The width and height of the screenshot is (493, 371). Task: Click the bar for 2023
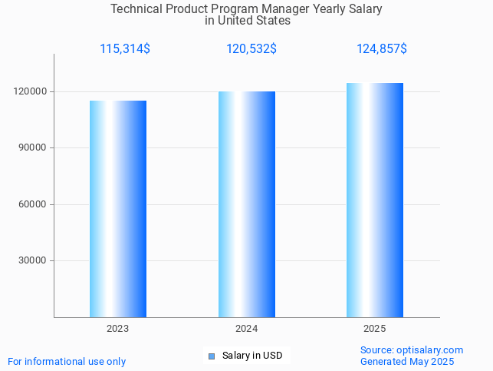118,209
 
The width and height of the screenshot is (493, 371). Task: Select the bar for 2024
247,204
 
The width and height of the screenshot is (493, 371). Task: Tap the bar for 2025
375,200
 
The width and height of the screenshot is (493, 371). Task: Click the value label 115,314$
125,49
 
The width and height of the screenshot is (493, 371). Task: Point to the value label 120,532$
251,49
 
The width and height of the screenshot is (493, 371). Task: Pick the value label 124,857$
382,49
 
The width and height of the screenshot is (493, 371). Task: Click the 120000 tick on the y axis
31,91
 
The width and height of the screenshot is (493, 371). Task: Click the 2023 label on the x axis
118,329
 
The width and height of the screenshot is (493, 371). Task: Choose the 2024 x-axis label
246,329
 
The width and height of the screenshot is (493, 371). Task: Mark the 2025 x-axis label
375,329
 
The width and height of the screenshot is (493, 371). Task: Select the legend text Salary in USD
252,356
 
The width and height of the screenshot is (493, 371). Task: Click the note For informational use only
67,361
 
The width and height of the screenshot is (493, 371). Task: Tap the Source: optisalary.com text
412,350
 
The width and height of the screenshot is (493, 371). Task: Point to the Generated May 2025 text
407,361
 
